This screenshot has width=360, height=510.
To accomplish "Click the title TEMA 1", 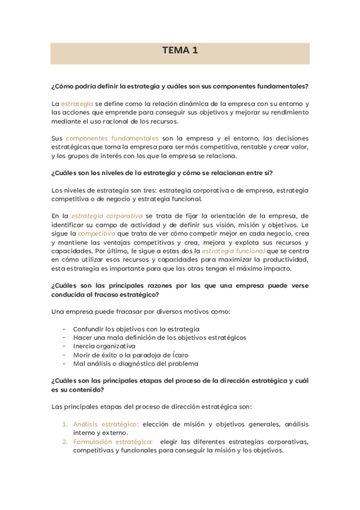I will pos(180,51).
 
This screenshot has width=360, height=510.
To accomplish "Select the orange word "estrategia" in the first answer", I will pos(77,103).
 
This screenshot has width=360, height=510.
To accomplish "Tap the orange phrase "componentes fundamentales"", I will pos(112,138).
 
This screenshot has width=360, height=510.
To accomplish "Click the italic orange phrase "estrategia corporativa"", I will pos(107,216).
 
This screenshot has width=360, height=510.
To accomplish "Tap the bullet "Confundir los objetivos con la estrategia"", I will pos(136,329).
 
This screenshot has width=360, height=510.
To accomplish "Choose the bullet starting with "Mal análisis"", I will pos(135,364).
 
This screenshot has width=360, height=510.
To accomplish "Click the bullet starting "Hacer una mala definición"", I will pos(159,337).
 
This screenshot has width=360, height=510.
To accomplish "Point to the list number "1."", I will pos(66,425).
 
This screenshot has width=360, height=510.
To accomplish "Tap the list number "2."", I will pos(66,442).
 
